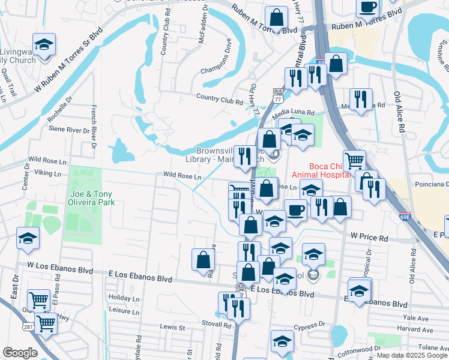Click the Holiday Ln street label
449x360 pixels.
(x=124, y=298)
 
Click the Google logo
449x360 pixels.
(x=20, y=353)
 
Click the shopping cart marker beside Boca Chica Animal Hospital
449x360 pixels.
(x=354, y=160)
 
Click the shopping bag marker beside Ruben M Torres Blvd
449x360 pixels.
(x=276, y=17)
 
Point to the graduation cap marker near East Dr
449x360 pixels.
(x=28, y=238)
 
